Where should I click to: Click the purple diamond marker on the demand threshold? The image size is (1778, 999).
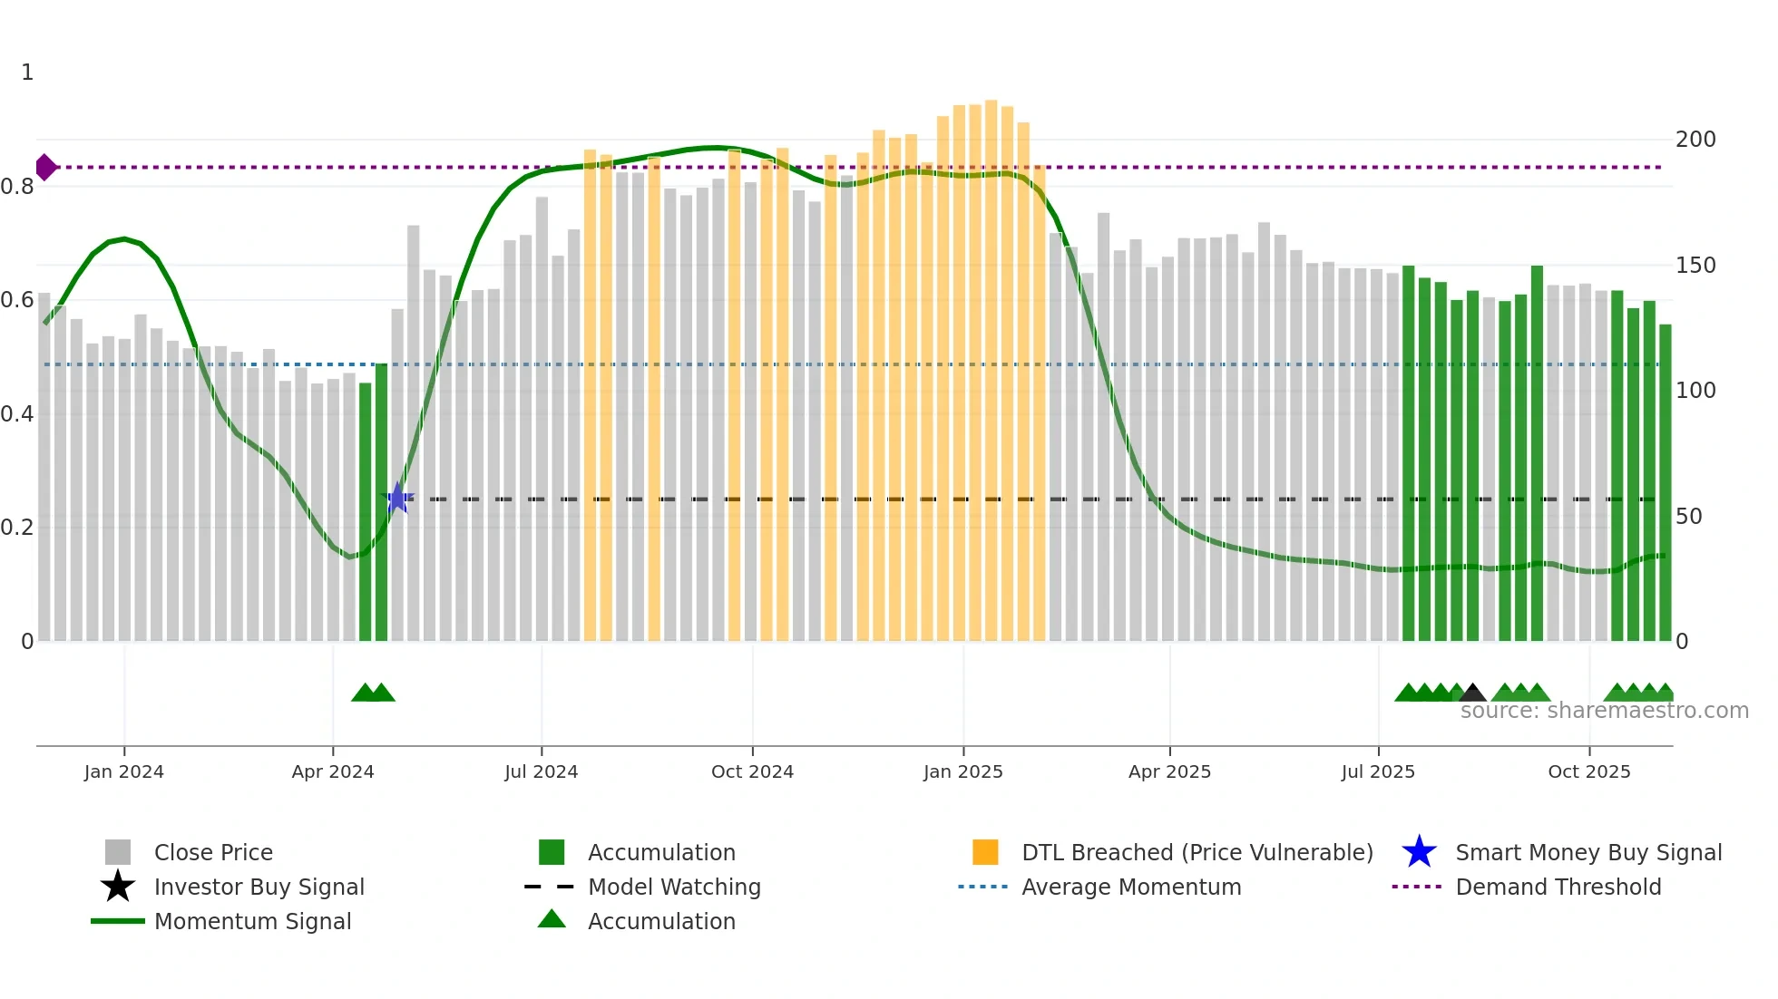[45, 168]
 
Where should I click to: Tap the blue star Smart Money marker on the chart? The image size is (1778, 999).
[397, 499]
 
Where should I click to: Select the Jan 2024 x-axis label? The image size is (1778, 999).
[124, 771]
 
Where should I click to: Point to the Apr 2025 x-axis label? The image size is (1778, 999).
[1169, 771]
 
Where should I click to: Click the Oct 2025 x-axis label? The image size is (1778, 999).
[1588, 771]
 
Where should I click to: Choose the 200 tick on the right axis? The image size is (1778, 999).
[1695, 140]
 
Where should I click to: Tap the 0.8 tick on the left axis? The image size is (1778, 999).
[18, 187]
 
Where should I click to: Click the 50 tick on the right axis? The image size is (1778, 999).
[1688, 517]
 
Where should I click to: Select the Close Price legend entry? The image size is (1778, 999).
[213, 852]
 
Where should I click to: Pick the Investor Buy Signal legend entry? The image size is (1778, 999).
[259, 887]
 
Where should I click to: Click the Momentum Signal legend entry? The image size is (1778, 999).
[252, 921]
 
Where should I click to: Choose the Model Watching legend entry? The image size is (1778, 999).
[674, 887]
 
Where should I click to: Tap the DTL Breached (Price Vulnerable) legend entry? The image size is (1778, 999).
[1197, 852]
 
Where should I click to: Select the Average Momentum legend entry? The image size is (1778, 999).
[1131, 887]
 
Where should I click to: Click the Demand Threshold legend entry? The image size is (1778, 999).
[1558, 887]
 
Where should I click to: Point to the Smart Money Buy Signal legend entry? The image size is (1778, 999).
[1588, 852]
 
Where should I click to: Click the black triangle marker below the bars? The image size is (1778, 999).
[1472, 693]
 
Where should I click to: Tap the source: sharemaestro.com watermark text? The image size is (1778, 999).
[1604, 711]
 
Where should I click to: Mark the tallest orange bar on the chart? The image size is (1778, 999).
[992, 363]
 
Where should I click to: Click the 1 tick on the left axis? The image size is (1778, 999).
[27, 73]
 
